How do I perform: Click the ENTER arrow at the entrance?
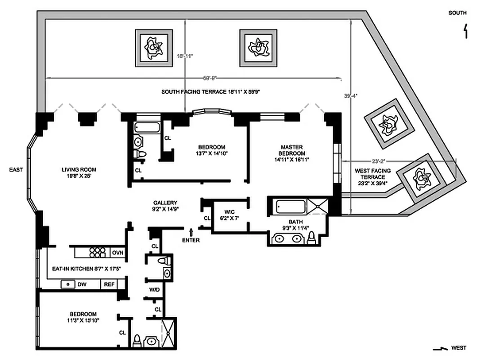[x=192, y=232]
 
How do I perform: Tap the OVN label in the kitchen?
[x=118, y=253]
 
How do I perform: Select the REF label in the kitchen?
[x=109, y=284]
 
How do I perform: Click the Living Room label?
[x=79, y=173]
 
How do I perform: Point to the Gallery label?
[x=165, y=206]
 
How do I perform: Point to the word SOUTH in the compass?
[x=457, y=13]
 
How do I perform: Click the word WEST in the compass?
[x=458, y=347]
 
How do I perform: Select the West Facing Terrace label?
[x=372, y=177]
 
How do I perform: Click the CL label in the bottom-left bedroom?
[x=122, y=333]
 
